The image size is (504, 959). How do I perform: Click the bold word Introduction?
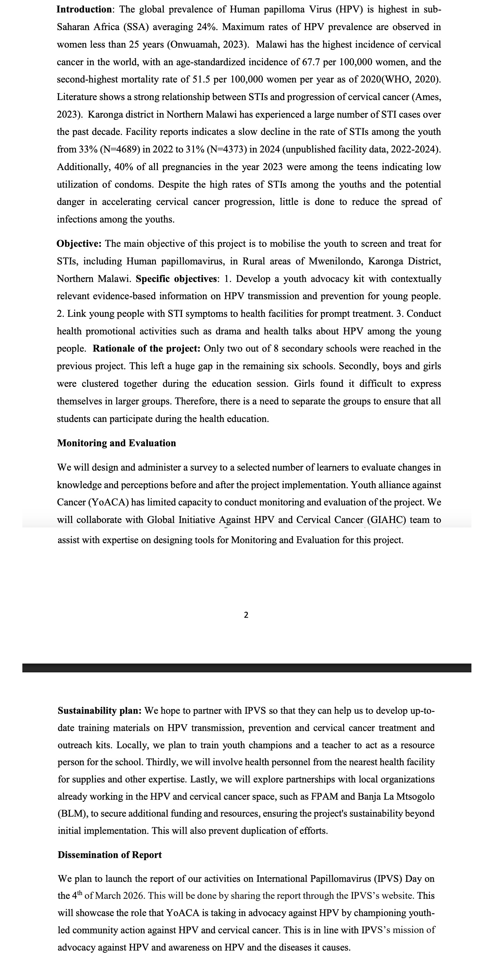pos(84,9)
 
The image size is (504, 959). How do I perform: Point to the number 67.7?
pos(311,62)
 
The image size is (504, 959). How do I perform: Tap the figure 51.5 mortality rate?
pos(202,80)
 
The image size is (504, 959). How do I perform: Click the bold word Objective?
pos(79,244)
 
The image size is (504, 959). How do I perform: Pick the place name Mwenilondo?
pos(335,261)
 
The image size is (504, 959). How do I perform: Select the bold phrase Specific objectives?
pos(177,279)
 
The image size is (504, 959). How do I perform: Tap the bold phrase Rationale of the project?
pos(147,349)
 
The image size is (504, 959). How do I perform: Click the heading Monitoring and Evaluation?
pos(117,443)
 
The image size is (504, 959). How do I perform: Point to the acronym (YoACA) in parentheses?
pos(108,503)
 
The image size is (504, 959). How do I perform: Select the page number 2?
pos(246,615)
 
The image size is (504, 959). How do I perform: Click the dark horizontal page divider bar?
pos(247,668)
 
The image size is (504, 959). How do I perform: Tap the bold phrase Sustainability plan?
pos(99,711)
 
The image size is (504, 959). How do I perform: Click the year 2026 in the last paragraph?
pos(133,896)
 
